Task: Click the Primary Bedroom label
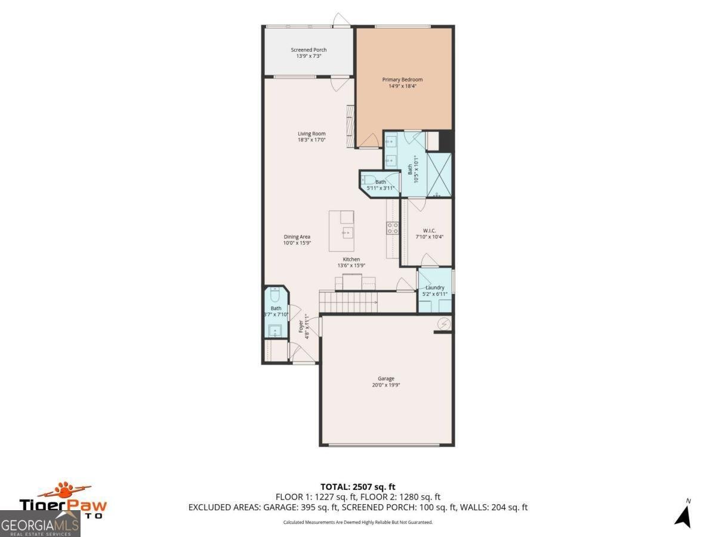pyautogui.click(x=402, y=79)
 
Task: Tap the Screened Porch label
pyautogui.click(x=308, y=50)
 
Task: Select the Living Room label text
pyautogui.click(x=311, y=134)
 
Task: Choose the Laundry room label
pyautogui.click(x=434, y=288)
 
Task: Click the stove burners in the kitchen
pyautogui.click(x=393, y=227)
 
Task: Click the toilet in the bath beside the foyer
pyautogui.click(x=275, y=295)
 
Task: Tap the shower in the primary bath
pyautogui.click(x=439, y=174)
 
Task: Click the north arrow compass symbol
pyautogui.click(x=683, y=514)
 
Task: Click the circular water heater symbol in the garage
pyautogui.click(x=445, y=323)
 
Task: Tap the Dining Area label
pyautogui.click(x=297, y=237)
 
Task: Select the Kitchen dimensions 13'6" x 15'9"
pyautogui.click(x=351, y=266)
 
